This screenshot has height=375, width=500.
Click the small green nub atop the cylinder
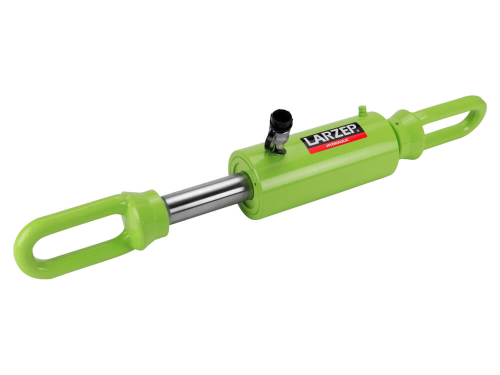362,110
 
